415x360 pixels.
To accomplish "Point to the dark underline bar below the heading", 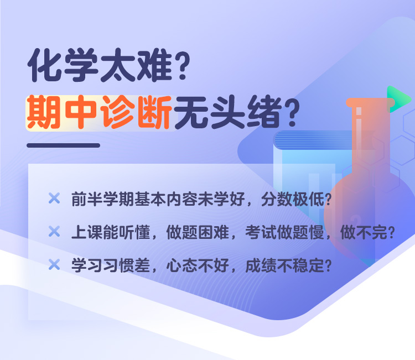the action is pyautogui.click(x=63, y=145).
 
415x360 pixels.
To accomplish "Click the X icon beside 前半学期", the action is pyautogui.click(x=54, y=198).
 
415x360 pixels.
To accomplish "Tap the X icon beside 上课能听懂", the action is pyautogui.click(x=54, y=232).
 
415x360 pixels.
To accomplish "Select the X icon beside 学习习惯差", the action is pyautogui.click(x=54, y=264).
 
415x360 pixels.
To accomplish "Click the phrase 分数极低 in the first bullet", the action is pyautogui.click(x=293, y=199).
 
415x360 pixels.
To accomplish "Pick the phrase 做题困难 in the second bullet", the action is pyautogui.click(x=198, y=232).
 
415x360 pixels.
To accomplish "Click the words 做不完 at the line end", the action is pyautogui.click(x=364, y=232).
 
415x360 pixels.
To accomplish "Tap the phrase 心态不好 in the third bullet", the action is pyautogui.click(x=198, y=265).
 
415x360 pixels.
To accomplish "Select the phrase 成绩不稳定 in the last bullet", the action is pyautogui.click(x=284, y=265).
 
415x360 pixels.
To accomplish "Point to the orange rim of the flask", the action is pyautogui.click(x=370, y=103).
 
